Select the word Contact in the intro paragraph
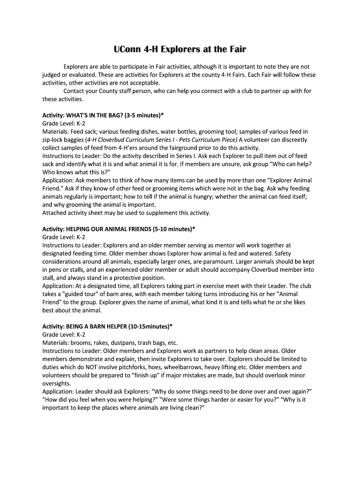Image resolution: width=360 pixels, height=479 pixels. (x=75, y=91)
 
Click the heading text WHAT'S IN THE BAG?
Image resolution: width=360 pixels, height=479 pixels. (x=97, y=115)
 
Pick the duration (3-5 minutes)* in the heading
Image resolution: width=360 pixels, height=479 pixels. (x=146, y=115)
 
